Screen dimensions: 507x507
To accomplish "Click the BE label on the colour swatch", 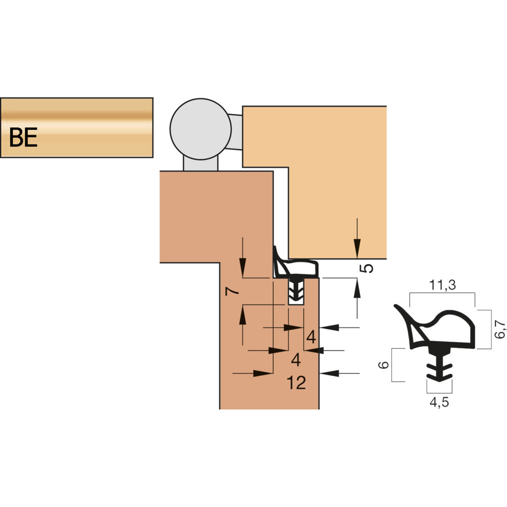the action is (23, 137).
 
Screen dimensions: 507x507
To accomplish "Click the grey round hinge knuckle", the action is (201, 129).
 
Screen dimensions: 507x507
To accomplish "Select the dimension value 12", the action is (296, 383).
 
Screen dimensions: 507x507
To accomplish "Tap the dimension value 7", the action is (232, 291).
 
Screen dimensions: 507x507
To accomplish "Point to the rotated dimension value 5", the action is (366, 268).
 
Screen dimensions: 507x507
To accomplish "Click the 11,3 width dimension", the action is (442, 285).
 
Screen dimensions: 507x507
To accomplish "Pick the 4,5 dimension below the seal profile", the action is (439, 402).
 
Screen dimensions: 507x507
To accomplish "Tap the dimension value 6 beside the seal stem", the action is (384, 365).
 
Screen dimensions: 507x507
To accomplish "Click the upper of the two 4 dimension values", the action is (311, 337).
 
